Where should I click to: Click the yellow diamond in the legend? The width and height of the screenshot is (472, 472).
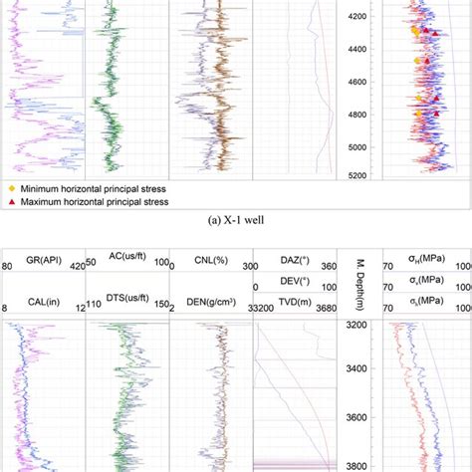point(12,187)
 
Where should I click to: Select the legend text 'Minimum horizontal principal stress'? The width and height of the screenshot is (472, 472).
point(98,187)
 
